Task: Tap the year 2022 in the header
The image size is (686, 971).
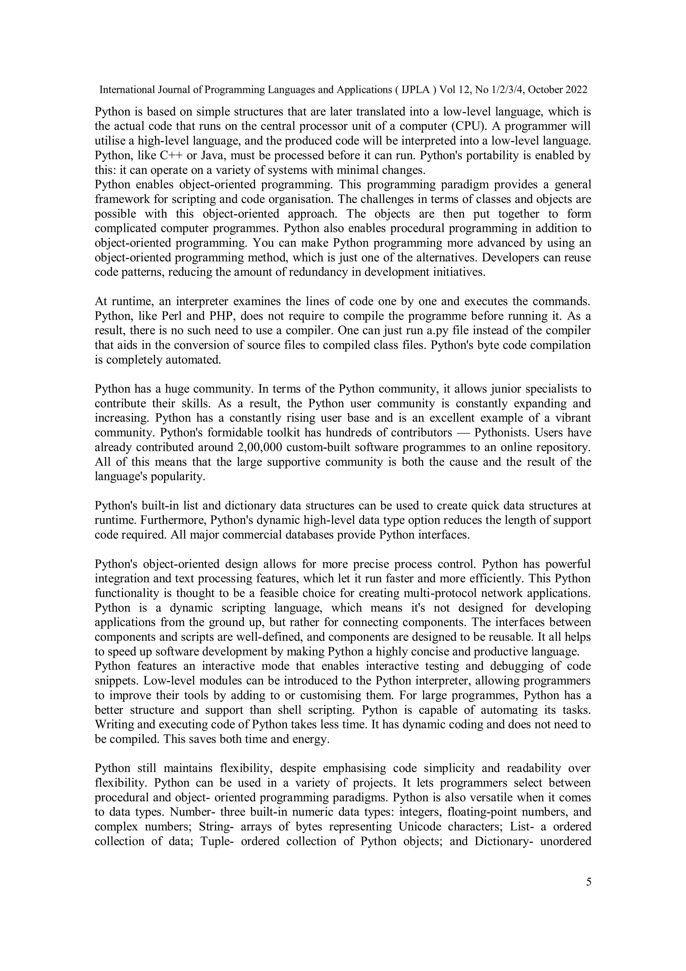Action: [576, 90]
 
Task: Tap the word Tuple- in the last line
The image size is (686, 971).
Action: [217, 841]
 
